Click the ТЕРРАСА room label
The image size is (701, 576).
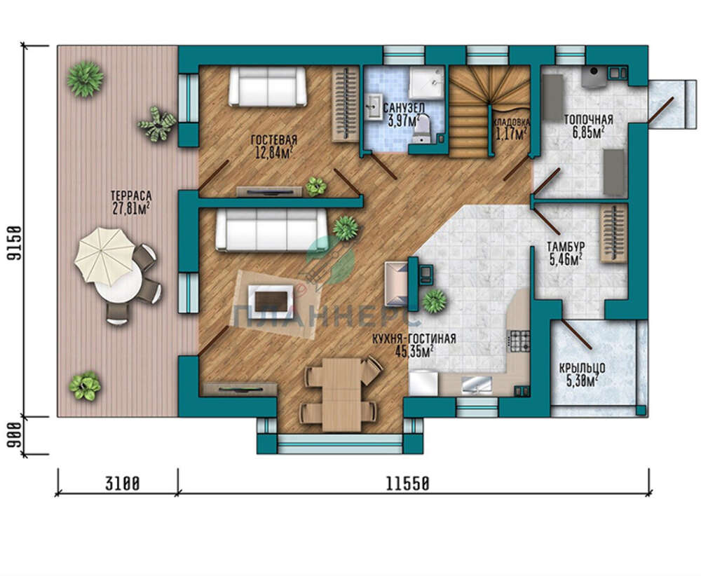[x=131, y=196]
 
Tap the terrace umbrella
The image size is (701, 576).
[x=104, y=256]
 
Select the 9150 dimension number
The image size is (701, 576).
[x=15, y=244]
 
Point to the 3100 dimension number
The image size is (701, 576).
[x=123, y=484]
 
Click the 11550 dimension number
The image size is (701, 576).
[x=407, y=484]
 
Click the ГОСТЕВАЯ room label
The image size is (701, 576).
[x=274, y=139]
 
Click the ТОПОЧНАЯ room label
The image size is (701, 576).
[x=588, y=120]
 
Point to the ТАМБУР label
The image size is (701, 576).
[x=566, y=247]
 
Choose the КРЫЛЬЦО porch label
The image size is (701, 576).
[x=583, y=368]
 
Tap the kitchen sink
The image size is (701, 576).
[x=476, y=384]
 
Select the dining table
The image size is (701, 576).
[x=341, y=394]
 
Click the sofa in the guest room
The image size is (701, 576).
[x=268, y=86]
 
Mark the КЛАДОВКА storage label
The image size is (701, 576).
[x=512, y=122]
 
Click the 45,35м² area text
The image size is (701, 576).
[x=414, y=352]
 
